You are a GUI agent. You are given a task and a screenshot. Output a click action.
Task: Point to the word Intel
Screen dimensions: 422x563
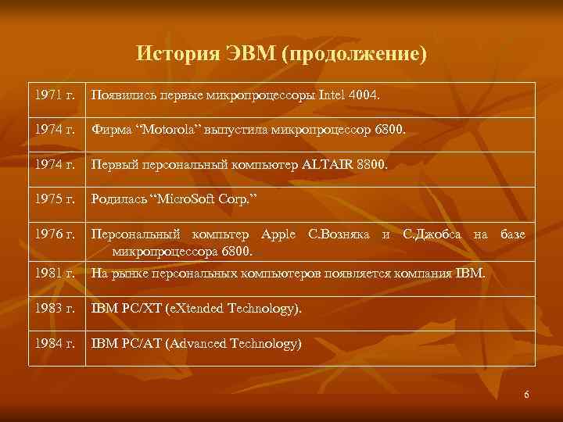pyautogui.click(x=334, y=95)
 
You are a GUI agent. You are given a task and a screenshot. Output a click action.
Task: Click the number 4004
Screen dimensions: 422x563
pyautogui.click(x=368, y=95)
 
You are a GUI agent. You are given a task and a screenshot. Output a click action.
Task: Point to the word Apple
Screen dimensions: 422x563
pyautogui.click(x=279, y=234)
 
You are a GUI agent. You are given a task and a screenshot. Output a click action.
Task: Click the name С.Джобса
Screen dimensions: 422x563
pyautogui.click(x=434, y=234)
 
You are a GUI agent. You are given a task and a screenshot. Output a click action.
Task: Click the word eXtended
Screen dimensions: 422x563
pyautogui.click(x=202, y=308)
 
